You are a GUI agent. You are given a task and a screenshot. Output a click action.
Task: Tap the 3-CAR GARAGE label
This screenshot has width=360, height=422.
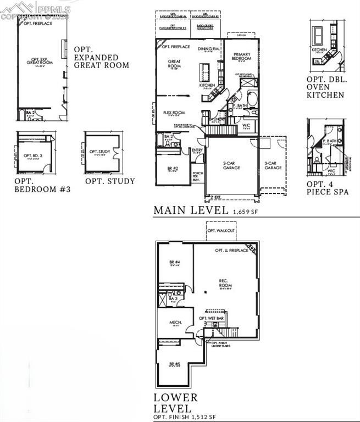273,165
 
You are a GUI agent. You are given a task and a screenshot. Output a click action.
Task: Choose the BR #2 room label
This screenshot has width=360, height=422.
173,168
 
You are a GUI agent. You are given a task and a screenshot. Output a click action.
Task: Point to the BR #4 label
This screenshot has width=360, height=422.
175,263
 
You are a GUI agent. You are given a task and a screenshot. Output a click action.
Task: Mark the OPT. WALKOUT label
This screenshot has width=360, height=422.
221,231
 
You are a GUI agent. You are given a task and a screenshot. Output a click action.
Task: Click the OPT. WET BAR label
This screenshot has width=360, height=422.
212,318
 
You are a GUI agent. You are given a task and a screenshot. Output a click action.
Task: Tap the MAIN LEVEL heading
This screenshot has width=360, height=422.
190,210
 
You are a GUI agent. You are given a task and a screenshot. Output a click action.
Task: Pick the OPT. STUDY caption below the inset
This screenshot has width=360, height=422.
110,181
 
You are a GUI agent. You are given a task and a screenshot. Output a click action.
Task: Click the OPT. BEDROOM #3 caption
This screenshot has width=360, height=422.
42,185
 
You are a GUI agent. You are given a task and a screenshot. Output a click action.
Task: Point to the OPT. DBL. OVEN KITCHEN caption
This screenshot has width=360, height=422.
325,87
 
